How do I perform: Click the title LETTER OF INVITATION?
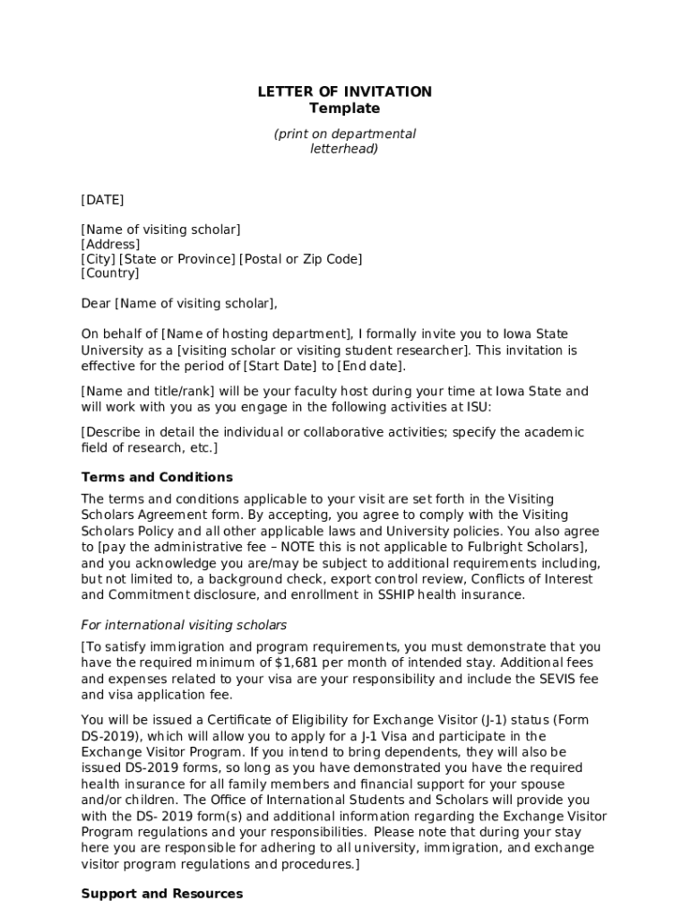pos(344,91)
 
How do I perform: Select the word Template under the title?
pos(344,108)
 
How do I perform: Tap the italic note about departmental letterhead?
pos(344,142)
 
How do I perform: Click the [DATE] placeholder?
pos(102,200)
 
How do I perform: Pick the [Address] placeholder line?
pos(110,245)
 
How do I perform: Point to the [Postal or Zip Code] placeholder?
pos(300,259)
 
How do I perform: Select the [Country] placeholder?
pos(110,273)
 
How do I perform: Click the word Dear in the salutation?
pos(96,304)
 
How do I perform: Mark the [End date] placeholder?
pos(371,366)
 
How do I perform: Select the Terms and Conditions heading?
pos(157,477)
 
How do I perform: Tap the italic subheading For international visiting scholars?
pos(184,625)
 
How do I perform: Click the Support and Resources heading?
pos(161,894)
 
